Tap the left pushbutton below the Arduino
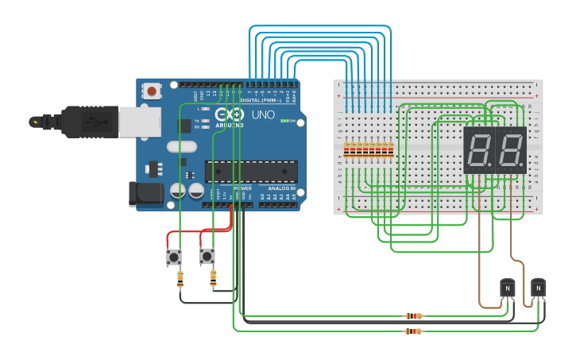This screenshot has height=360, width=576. point(173,257)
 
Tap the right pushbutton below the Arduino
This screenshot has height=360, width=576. point(207,256)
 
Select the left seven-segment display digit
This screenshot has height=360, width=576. point(478,149)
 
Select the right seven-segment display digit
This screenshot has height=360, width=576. point(510,149)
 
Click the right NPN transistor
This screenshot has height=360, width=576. point(538,287)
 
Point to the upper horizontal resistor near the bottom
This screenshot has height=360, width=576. point(413,315)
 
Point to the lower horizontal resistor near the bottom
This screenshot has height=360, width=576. point(413,331)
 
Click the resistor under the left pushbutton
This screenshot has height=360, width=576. point(180,279)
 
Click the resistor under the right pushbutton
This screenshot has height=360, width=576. point(213,278)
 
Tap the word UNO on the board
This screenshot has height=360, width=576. point(263,114)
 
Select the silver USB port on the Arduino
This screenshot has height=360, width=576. point(140,121)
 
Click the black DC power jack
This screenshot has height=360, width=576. point(145,194)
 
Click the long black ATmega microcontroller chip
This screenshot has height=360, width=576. point(251,171)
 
